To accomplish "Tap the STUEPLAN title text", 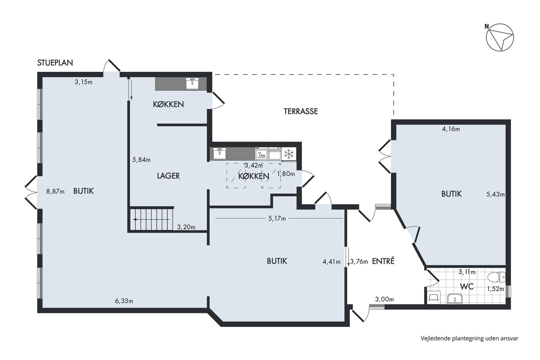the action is click(55, 63).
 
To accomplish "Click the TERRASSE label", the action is click(300, 111).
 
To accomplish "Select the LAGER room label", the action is click(168, 176).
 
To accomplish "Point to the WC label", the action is click(467, 287).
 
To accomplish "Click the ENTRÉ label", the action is click(383, 261).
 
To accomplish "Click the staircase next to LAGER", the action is click(152, 219).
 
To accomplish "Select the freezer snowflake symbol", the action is click(289, 154).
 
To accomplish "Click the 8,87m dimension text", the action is click(55, 192).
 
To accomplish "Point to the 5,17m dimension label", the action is click(277, 218).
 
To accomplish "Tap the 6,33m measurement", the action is click(124, 301).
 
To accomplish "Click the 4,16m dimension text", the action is click(451, 129).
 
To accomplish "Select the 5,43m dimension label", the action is click(495, 194).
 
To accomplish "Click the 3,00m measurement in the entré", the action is click(385, 299).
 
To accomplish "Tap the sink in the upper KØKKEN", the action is click(192, 84).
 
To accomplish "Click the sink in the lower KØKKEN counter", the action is click(219, 154).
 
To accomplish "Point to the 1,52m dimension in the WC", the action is click(495, 289).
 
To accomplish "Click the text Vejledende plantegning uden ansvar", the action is click(469, 338).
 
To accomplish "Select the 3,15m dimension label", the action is click(83, 82).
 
